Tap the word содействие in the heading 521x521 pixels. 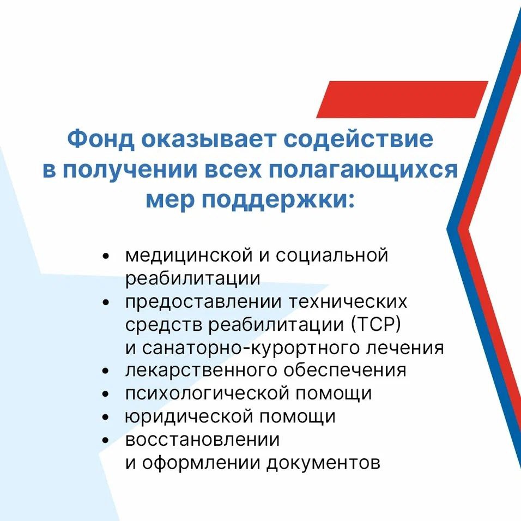click(x=359, y=139)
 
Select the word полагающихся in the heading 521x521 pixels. click(x=363, y=170)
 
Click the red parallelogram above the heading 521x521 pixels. click(x=402, y=99)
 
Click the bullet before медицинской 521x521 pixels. click(x=106, y=256)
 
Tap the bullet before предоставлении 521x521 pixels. click(x=106, y=302)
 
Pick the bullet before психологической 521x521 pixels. click(x=106, y=395)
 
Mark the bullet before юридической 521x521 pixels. click(x=106, y=417)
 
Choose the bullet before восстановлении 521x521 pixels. click(x=106, y=440)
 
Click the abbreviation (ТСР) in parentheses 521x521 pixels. click(x=376, y=325)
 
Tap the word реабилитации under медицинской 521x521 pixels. click(x=193, y=278)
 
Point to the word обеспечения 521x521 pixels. click(x=345, y=370)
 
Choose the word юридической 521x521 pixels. click(x=189, y=417)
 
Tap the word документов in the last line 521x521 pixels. click(x=323, y=463)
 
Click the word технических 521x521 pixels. click(x=347, y=302)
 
